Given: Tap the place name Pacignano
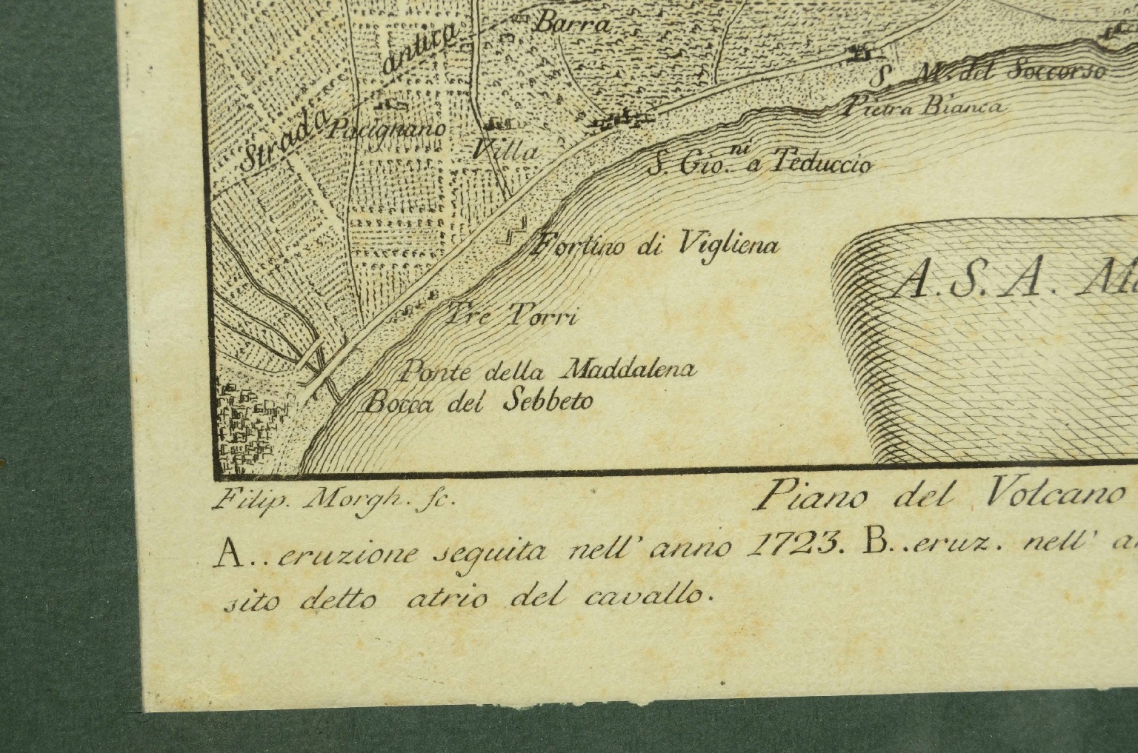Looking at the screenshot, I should pos(390,129).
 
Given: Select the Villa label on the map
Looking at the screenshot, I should pos(505,150).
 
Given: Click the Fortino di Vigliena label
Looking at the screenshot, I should pos(655,244).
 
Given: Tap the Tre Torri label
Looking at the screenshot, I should pos(511,316).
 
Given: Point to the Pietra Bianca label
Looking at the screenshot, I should pos(922,106).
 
